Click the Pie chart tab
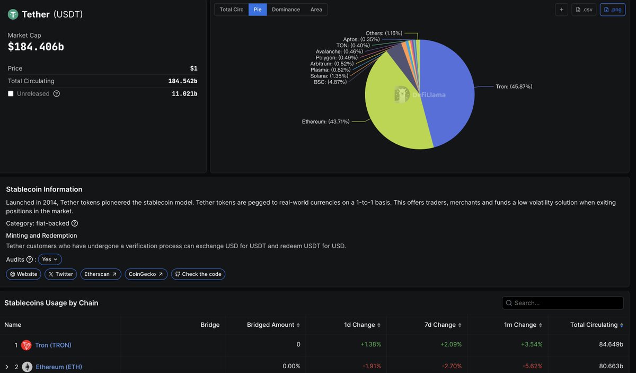point(258,10)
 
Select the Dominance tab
point(286,10)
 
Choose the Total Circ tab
point(232,10)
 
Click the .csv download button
point(584,10)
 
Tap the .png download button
point(613,10)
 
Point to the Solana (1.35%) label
point(326,76)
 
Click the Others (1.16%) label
point(384,33)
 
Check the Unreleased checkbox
point(11,94)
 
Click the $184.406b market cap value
point(36,47)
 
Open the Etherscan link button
point(101,274)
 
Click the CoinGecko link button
point(146,274)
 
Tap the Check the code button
point(198,274)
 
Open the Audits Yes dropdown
point(50,259)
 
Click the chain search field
point(563,303)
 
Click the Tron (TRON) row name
point(53,345)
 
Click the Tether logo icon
point(13,14)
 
